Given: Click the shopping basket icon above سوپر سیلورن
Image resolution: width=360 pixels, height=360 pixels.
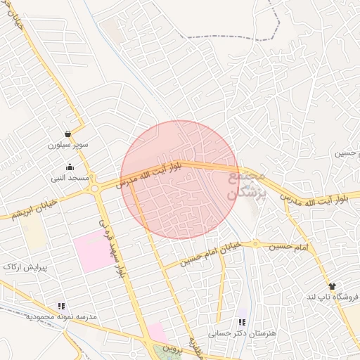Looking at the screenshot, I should tap(67, 134).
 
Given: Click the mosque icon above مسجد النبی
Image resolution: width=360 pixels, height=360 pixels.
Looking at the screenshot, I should tap(70, 167).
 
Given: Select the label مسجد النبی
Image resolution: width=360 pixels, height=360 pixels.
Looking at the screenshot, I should tap(69, 179).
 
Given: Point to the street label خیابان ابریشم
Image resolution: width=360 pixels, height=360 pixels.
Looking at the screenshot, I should tap(32, 208).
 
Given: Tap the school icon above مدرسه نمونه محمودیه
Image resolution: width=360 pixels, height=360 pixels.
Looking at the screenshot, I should tap(61, 306).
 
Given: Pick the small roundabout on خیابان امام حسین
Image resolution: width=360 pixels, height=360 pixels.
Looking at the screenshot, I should tap(257, 245).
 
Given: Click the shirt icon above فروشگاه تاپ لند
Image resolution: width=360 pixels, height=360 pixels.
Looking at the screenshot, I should tap(332, 286).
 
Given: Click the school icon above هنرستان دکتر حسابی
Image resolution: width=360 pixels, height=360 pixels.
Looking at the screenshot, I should tap(243, 322).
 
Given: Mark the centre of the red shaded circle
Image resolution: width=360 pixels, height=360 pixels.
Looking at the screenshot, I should tap(179, 179).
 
